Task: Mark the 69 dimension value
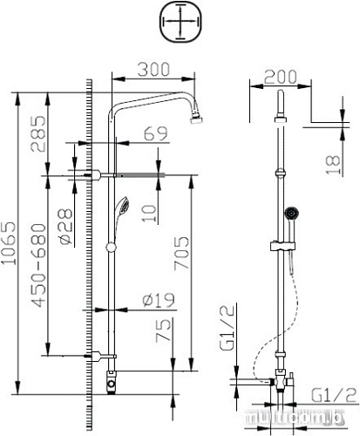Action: coord(154,134)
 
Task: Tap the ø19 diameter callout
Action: coord(157,301)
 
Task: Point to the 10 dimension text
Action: coord(149,212)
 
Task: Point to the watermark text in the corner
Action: coord(300,420)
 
